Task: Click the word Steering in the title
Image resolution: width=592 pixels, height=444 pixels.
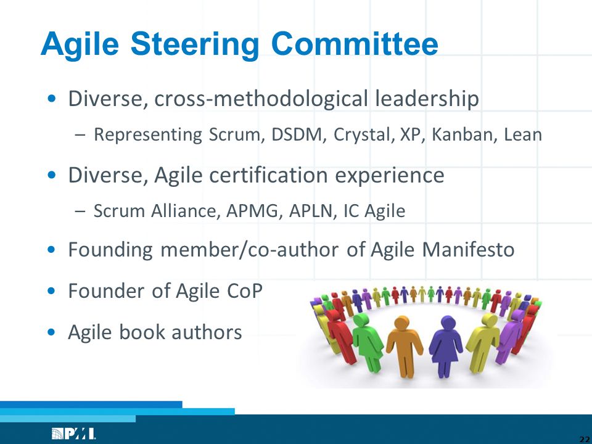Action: pyautogui.click(x=194, y=45)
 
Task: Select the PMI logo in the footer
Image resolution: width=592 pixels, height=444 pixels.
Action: pyautogui.click(x=73, y=434)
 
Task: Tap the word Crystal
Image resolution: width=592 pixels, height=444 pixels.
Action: pyautogui.click(x=362, y=136)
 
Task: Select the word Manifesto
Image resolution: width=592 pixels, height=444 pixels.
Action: pyautogui.click(x=468, y=250)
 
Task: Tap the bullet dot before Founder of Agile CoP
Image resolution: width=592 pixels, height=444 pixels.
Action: pyautogui.click(x=52, y=291)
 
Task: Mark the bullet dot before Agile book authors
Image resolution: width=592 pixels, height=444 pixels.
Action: pyautogui.click(x=52, y=332)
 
